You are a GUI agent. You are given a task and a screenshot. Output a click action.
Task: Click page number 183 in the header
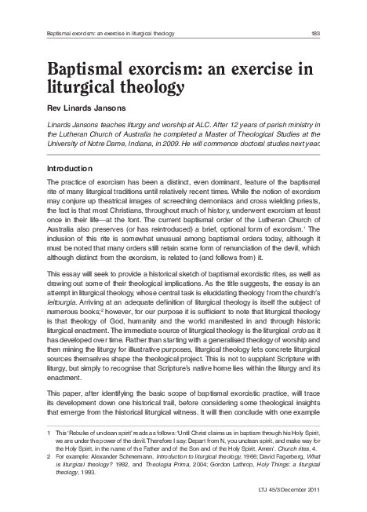point(336,32)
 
